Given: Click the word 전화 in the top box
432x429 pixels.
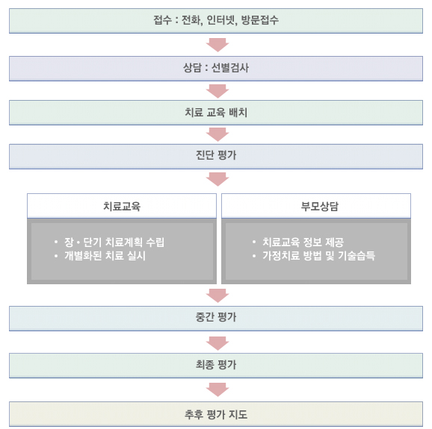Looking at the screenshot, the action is pyautogui.click(x=191, y=20).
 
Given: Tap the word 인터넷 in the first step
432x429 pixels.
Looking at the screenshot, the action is pyautogui.click(x=220, y=20).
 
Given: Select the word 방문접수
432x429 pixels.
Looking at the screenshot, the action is pyautogui.click(x=260, y=20).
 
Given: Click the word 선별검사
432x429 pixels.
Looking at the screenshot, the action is pyautogui.click(x=230, y=68).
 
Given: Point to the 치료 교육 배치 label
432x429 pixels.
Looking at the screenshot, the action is pyautogui.click(x=216, y=112).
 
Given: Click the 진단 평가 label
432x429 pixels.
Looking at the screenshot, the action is pyautogui.click(x=216, y=155).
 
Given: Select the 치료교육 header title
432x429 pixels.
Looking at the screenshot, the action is pyautogui.click(x=122, y=206).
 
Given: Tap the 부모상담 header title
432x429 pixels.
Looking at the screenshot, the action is pyautogui.click(x=320, y=206).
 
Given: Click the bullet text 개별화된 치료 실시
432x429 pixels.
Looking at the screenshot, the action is pyautogui.click(x=105, y=256).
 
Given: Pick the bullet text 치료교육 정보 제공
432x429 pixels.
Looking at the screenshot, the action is pyautogui.click(x=303, y=242).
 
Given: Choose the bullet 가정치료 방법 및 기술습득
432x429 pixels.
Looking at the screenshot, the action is pyautogui.click(x=318, y=256).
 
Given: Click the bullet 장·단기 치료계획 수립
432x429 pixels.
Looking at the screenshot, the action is pyautogui.click(x=114, y=242).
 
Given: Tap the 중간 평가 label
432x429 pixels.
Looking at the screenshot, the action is pyautogui.click(x=216, y=317).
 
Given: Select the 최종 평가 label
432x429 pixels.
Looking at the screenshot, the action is pyautogui.click(x=216, y=365).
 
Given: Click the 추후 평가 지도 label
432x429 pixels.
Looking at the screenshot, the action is pyautogui.click(x=216, y=414).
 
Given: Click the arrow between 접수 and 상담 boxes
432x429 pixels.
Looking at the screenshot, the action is pyautogui.click(x=217, y=45).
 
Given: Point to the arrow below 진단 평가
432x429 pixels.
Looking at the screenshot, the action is pyautogui.click(x=217, y=179).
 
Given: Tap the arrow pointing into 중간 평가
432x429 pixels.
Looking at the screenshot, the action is pyautogui.click(x=217, y=295).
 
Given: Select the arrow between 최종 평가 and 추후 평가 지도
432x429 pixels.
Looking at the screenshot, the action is pyautogui.click(x=217, y=389).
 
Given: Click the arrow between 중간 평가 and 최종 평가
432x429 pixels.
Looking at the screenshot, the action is pyautogui.click(x=217, y=343).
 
